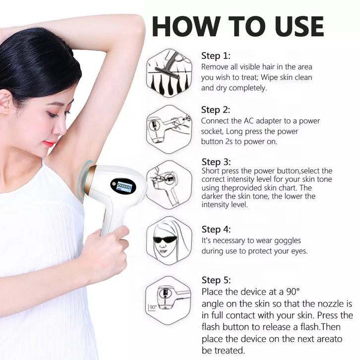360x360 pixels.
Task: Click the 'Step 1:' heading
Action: tap(216, 55)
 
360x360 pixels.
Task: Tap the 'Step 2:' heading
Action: tap(216, 109)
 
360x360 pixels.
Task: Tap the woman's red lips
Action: tap(50, 143)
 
